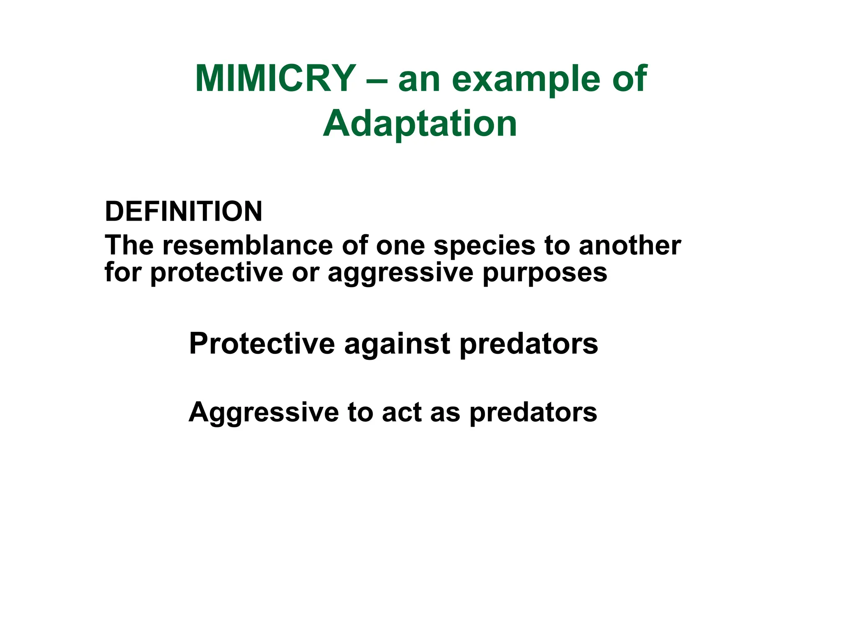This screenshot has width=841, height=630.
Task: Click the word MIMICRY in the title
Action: (x=275, y=79)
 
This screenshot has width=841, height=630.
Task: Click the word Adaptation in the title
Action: (x=420, y=124)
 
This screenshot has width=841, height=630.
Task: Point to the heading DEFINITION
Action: (x=184, y=212)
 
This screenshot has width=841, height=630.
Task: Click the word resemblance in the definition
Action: (x=248, y=245)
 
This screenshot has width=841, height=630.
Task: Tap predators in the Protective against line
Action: (x=528, y=343)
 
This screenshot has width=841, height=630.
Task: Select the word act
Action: (x=402, y=412)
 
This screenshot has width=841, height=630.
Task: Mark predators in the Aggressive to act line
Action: (x=533, y=412)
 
